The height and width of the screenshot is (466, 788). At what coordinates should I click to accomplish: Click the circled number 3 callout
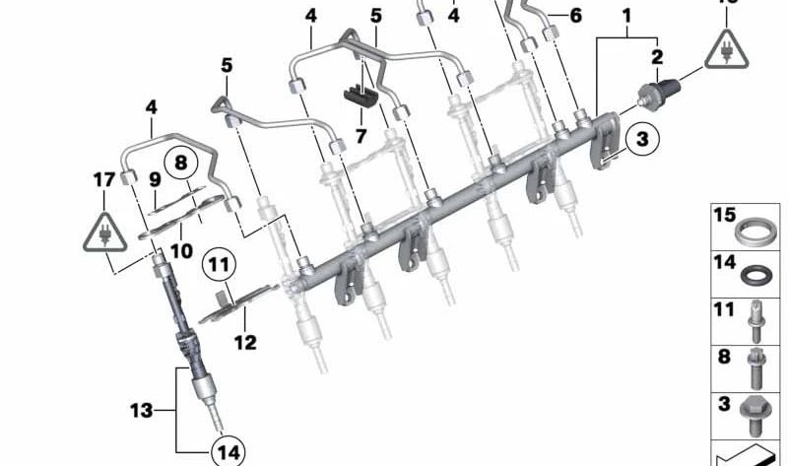[x=641, y=142]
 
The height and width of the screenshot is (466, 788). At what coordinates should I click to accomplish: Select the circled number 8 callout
[x=181, y=161]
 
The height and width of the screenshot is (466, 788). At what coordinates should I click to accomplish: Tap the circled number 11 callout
[x=221, y=264]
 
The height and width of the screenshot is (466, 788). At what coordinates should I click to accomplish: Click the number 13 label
[x=142, y=410]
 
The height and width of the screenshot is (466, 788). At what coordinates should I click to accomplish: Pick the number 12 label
[x=245, y=343]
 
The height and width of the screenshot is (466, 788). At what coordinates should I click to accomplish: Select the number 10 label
[x=180, y=251]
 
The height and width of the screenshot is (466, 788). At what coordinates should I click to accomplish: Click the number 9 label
[x=155, y=179]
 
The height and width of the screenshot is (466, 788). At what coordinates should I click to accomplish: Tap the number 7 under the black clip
[x=361, y=136]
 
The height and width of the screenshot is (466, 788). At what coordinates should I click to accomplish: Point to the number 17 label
[x=104, y=180]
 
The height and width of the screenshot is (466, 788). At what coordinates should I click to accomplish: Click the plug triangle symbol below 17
[x=103, y=237]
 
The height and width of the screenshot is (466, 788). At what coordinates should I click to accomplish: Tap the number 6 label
[x=576, y=15]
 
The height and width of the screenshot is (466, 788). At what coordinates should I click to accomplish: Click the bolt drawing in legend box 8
[x=757, y=368]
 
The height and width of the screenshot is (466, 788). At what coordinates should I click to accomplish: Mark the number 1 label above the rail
[x=624, y=16]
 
